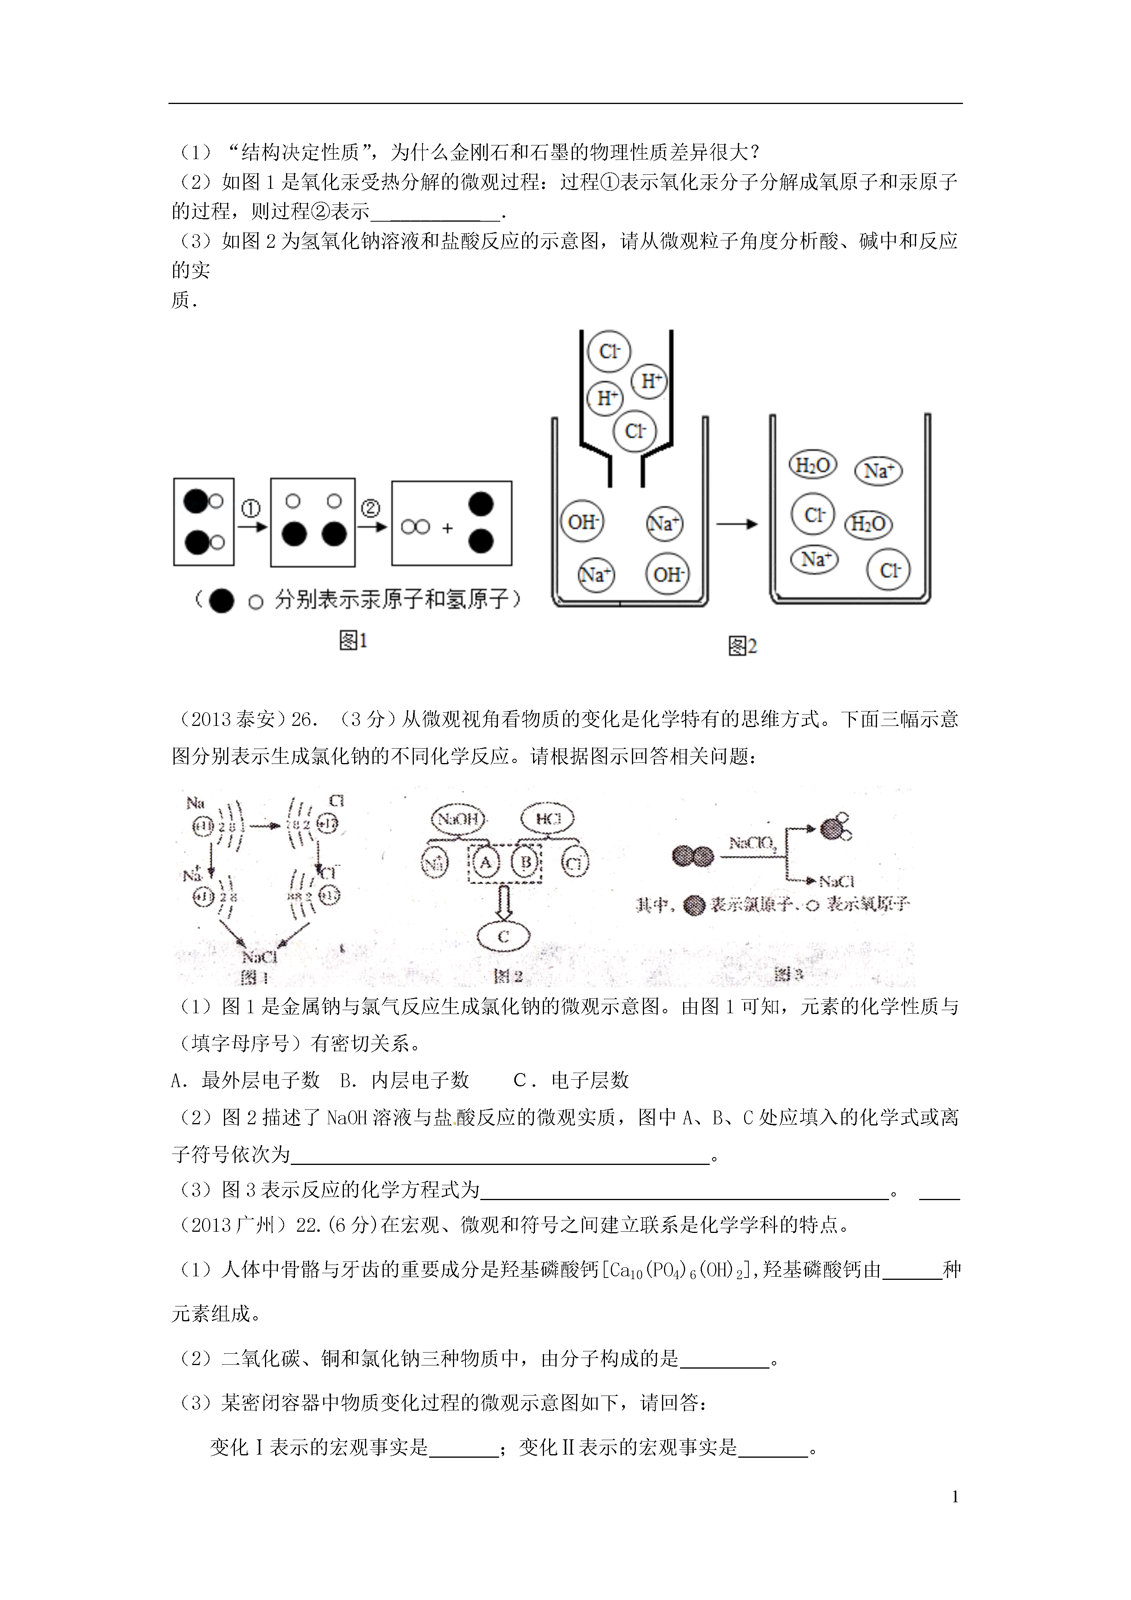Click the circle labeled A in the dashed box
pos(486,863)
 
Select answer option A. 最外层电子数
pos(245,1080)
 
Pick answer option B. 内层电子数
pos(404,1080)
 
